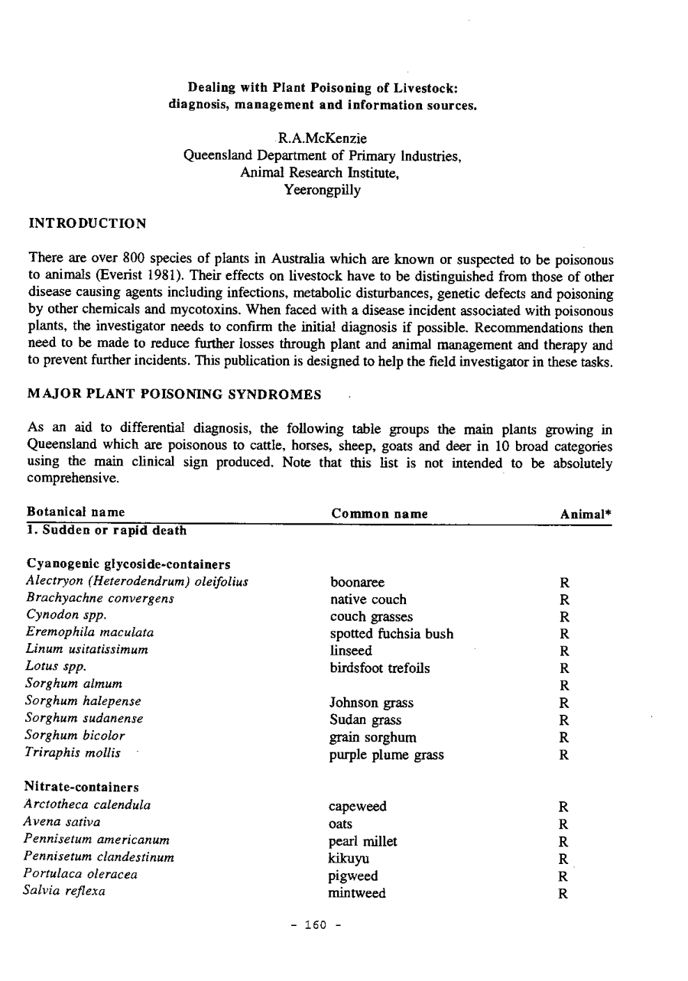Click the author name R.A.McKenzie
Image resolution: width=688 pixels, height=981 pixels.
322,138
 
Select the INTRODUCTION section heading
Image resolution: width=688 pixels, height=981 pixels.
86,223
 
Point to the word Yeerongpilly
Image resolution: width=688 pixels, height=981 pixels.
322,190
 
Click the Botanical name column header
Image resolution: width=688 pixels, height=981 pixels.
76,512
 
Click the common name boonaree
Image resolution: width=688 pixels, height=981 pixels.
357,583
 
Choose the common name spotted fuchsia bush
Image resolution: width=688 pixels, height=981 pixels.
391,634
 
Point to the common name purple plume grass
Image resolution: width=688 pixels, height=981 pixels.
387,755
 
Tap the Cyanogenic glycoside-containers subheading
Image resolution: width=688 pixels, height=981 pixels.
128,565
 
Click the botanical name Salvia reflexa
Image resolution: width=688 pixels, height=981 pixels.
66,892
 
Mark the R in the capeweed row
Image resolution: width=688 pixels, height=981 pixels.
563,807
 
